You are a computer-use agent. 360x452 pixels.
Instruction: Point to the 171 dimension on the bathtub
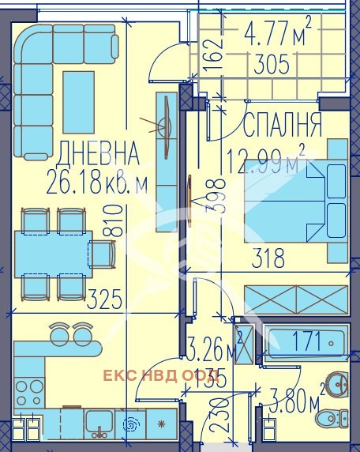[x=307, y=342]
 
